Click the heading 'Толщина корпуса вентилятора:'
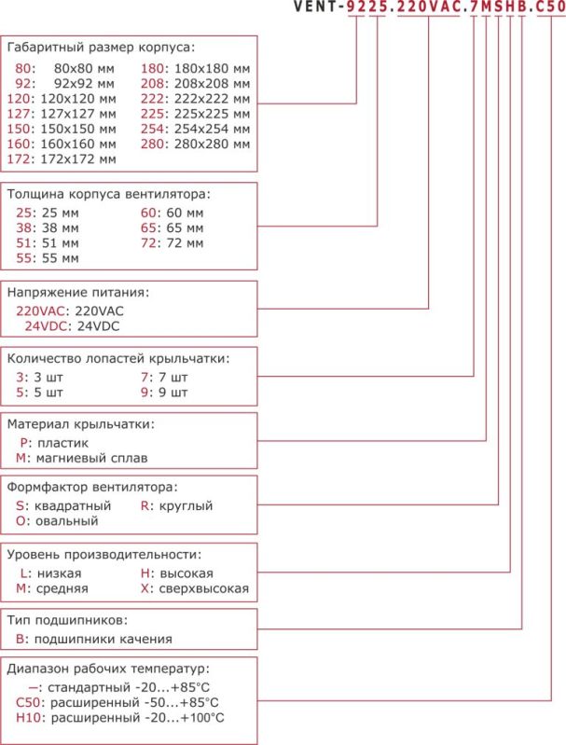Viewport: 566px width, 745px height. point(108,195)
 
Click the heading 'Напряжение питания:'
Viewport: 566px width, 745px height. point(77,293)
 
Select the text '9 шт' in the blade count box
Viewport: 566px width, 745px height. point(173,393)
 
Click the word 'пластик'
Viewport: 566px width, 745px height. point(61,443)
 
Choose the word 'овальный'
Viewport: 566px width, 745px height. point(66,520)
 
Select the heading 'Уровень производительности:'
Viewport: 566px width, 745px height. point(104,554)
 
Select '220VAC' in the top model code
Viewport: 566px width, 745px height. point(430,7)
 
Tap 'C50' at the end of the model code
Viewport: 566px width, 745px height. point(549,7)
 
